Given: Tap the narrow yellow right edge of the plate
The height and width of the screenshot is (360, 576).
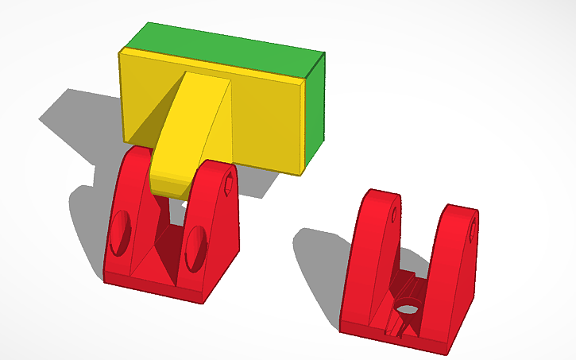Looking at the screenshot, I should (x=303, y=127).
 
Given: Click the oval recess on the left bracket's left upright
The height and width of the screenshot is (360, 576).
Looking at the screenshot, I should (x=121, y=233).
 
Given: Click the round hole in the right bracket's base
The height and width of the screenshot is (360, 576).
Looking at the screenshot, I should (x=408, y=308).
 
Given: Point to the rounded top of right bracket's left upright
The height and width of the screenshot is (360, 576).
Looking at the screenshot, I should (x=379, y=194).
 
